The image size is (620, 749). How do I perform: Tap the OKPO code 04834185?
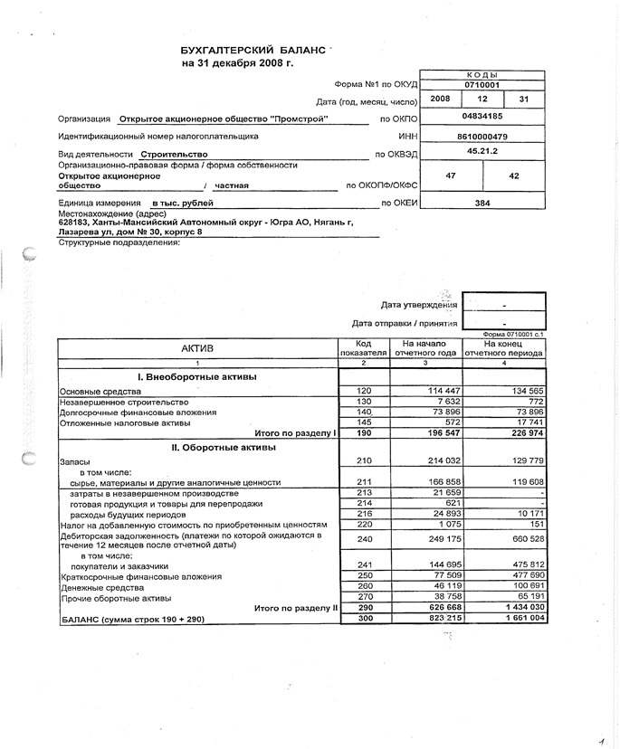click(482, 118)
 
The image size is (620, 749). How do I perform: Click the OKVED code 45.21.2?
click(482, 153)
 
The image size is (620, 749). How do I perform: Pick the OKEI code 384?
click(482, 203)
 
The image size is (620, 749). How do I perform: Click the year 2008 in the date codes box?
click(440, 99)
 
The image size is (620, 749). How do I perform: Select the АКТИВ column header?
click(197, 348)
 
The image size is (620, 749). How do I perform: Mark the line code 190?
click(364, 433)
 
